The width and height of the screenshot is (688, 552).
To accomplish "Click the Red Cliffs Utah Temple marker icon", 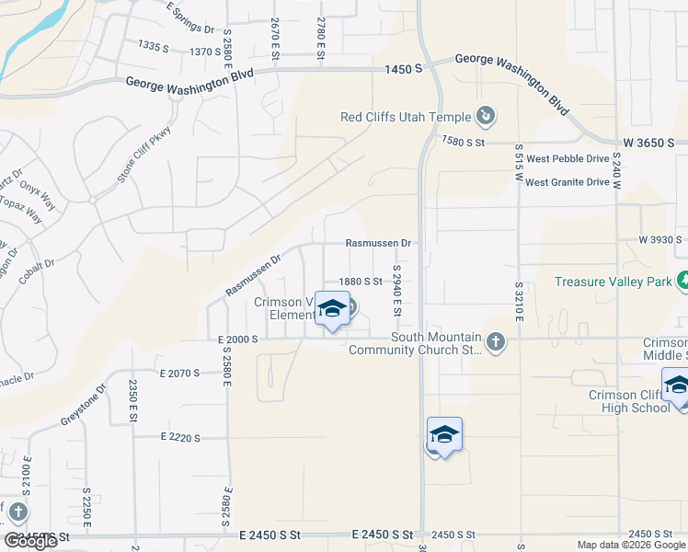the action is tap(486, 117).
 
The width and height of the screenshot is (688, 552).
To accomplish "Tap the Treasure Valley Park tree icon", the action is tap(682, 280).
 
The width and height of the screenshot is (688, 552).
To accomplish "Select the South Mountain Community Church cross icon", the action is tap(496, 343).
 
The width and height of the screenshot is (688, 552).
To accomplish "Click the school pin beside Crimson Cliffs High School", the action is tap(677, 385).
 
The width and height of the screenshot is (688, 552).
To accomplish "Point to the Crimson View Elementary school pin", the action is tap(332, 309).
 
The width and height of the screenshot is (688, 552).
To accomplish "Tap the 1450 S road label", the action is tap(404, 69).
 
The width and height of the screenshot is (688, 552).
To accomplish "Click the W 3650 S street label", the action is tap(648, 144).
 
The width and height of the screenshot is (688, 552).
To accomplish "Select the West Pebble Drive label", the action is tap(568, 158).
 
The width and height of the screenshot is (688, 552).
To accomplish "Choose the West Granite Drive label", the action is tap(568, 182).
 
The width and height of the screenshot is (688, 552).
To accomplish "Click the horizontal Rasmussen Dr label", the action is tap(377, 243).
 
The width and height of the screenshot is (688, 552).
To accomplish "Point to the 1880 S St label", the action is tap(360, 282).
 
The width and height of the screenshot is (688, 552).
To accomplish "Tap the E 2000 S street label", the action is tap(238, 339).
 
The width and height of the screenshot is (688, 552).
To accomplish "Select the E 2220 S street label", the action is tap(179, 437).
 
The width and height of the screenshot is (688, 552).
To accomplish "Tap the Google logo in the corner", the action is tap(30, 541).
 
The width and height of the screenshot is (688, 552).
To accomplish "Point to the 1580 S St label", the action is tap(462, 142).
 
